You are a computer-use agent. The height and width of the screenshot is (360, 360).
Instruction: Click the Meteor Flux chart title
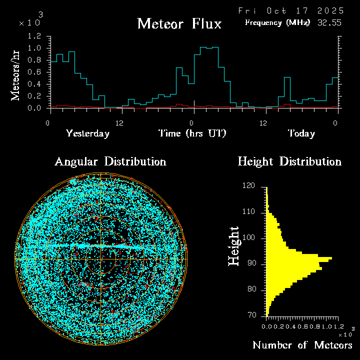click(x=179, y=23)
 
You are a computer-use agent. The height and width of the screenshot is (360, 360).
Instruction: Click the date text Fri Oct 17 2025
click(x=290, y=10)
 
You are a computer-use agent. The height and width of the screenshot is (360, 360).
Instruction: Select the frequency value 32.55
click(x=330, y=22)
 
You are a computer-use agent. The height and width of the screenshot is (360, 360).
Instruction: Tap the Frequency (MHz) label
click(x=277, y=22)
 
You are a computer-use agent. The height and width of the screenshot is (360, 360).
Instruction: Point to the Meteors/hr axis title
click(x=16, y=75)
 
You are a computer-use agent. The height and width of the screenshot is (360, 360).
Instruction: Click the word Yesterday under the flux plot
click(x=87, y=133)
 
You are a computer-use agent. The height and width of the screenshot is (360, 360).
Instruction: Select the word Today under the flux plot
click(x=301, y=133)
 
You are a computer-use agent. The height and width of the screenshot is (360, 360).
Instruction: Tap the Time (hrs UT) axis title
click(x=192, y=133)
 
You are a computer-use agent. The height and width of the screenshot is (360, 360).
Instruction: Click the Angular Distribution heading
click(x=110, y=161)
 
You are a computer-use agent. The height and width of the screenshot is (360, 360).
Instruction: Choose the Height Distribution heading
click(x=289, y=161)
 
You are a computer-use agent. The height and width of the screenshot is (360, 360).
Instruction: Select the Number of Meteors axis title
click(x=302, y=345)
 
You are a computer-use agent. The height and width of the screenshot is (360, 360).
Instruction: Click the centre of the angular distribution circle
click(x=101, y=259)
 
